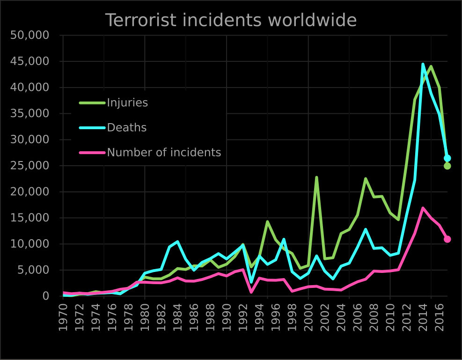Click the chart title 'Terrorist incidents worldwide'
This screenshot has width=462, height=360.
pyautogui.click(x=231, y=21)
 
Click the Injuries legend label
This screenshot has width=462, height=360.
pyautogui.click(x=127, y=103)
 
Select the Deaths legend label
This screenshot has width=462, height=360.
pyautogui.click(x=126, y=127)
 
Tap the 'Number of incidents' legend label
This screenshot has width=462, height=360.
pyautogui.click(x=164, y=152)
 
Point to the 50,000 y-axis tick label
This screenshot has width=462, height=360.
pyautogui.click(x=29, y=36)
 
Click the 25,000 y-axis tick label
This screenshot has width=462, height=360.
pyautogui.click(x=29, y=166)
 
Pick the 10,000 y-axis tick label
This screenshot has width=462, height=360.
pyautogui.click(x=29, y=244)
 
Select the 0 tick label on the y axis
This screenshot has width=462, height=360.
pyautogui.click(x=45, y=296)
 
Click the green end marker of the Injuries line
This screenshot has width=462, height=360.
pyautogui.click(x=447, y=166)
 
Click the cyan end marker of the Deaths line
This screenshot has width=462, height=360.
pyautogui.click(x=447, y=158)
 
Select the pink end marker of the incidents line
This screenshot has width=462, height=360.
pyautogui.click(x=447, y=239)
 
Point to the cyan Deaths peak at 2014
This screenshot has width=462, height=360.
pyautogui.click(x=423, y=64)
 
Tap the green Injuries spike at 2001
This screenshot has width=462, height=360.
pyautogui.click(x=317, y=177)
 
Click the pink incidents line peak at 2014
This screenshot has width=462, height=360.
pyautogui.click(x=423, y=208)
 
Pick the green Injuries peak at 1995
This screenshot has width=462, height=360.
pyautogui.click(x=268, y=221)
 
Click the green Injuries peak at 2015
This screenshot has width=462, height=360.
pyautogui.click(x=431, y=66)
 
